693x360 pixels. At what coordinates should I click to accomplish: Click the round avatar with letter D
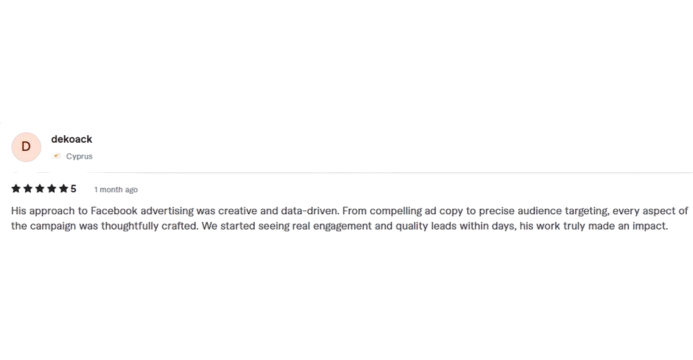[x=26, y=147]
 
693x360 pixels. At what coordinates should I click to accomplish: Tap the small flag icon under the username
[x=56, y=156]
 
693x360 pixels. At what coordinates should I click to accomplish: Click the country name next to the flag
[x=80, y=156]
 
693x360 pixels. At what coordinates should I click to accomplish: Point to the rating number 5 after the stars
[x=73, y=188]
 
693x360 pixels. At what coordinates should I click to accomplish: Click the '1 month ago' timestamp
[x=116, y=189]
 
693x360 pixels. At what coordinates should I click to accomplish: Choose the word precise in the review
[x=484, y=211]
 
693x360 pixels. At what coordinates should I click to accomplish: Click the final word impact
[x=645, y=226]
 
